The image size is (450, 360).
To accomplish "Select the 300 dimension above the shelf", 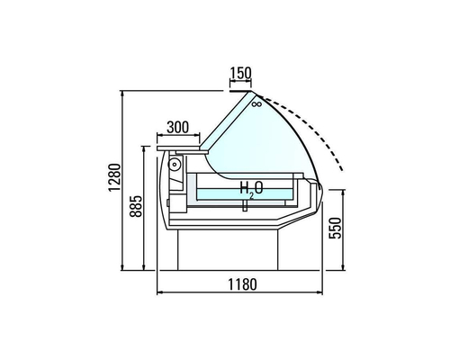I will (x=178, y=126).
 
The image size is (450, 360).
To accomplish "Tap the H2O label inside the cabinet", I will (x=250, y=188).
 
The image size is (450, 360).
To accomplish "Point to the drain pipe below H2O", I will (x=244, y=207).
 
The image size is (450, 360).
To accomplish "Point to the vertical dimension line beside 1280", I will (x=123, y=180).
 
